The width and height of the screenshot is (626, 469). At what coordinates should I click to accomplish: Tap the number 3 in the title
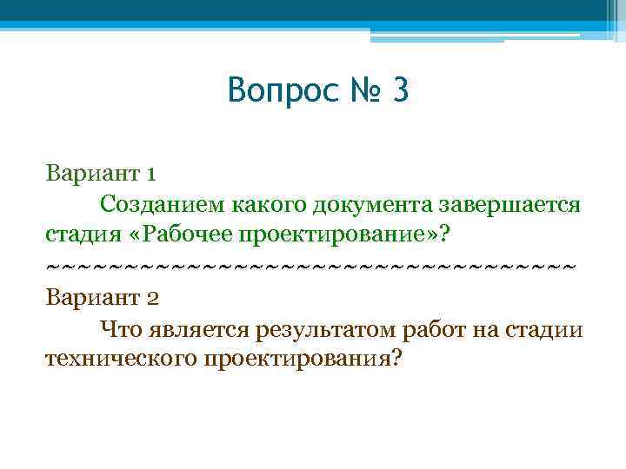[x=399, y=90]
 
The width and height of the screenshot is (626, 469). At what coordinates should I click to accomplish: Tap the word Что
[x=120, y=328]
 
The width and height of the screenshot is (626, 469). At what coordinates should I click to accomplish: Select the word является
[x=199, y=328]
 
